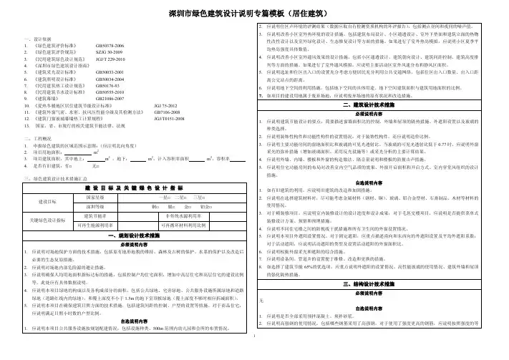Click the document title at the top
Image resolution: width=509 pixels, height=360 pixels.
click(253, 13)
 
